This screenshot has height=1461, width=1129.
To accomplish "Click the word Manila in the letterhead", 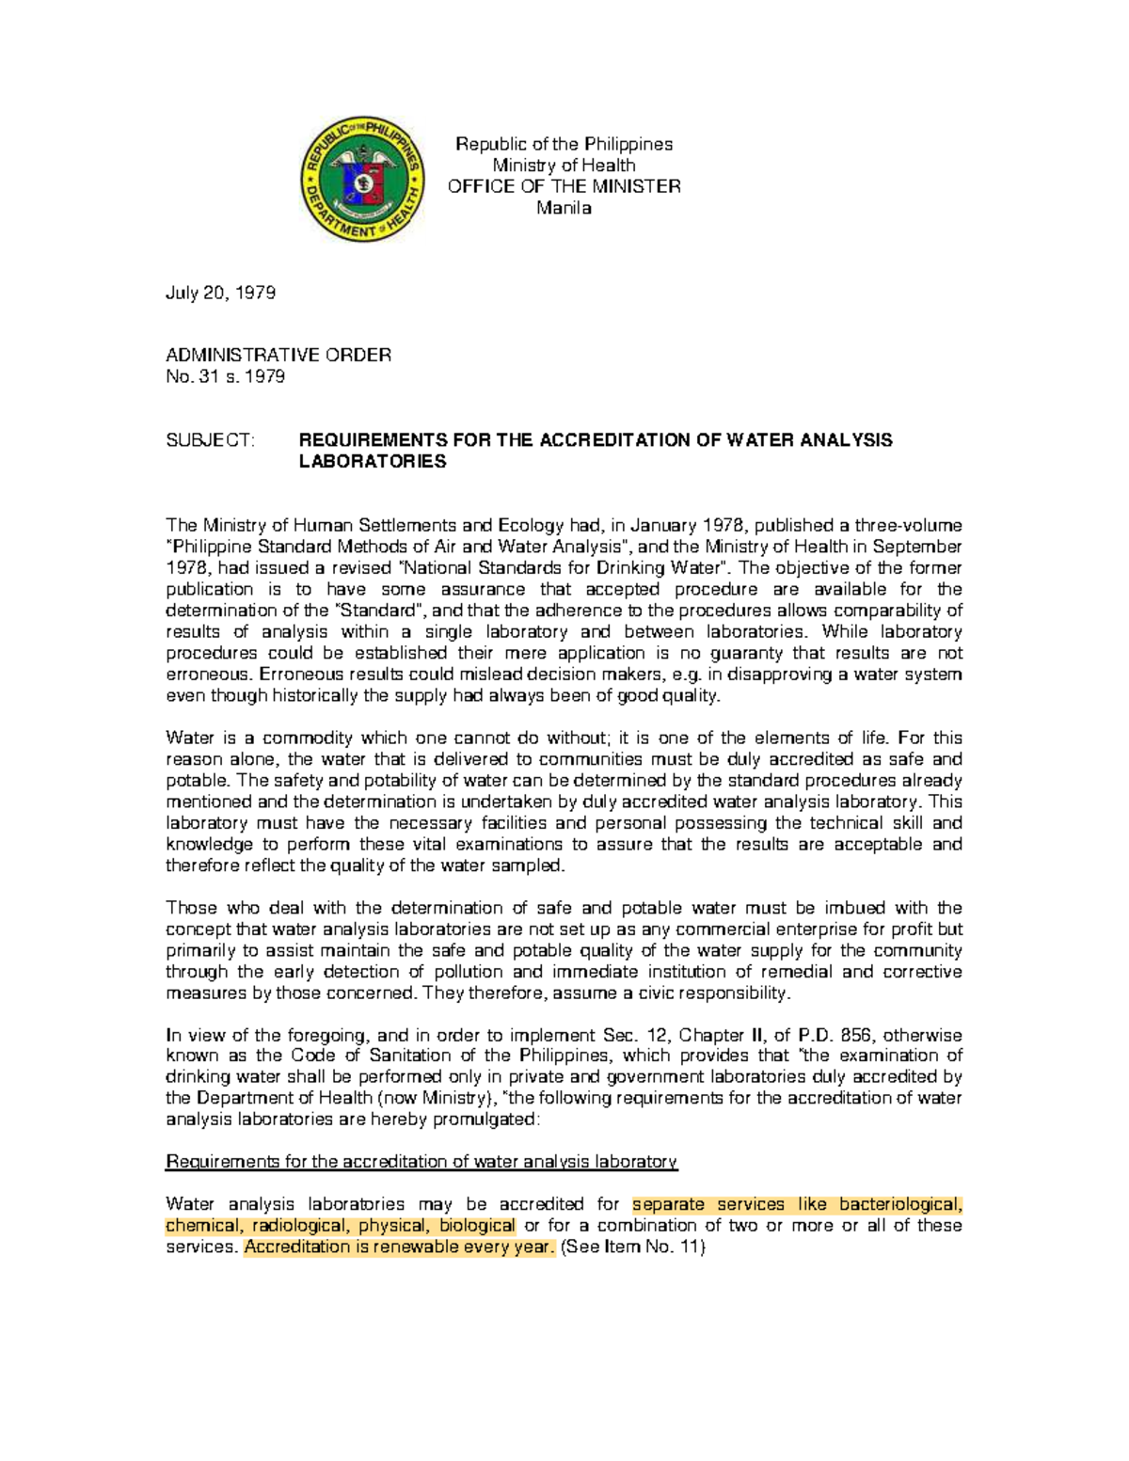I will [564, 208].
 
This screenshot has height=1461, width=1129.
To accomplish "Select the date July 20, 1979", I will [220, 293].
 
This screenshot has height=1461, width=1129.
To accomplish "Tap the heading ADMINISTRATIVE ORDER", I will [278, 355].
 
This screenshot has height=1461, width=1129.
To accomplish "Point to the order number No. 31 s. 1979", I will [225, 376].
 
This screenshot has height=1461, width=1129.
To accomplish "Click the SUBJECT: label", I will [210, 440].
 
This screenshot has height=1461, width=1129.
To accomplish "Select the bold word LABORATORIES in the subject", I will [372, 462].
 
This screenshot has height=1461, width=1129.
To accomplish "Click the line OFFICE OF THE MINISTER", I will [564, 186].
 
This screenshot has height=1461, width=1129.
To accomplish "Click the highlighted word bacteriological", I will [900, 1205].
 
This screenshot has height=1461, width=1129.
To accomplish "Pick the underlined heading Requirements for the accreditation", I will [421, 1162].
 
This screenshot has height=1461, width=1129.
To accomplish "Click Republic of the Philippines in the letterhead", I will [564, 144].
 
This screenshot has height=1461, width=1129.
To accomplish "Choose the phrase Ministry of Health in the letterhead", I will [564, 166].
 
